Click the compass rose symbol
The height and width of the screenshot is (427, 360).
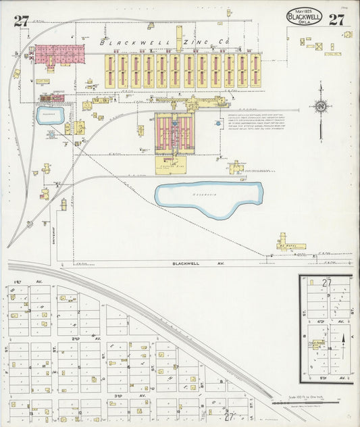(x=321, y=107)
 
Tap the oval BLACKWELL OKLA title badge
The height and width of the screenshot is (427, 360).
(x=304, y=17)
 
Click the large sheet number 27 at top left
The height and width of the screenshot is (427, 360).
(x=21, y=20)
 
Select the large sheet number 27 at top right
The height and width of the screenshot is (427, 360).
(x=337, y=19)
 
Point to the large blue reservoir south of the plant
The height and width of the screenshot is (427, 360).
(x=209, y=197)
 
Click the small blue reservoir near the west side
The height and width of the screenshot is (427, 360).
(x=51, y=115)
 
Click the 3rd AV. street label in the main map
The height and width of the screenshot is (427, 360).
(x=119, y=395)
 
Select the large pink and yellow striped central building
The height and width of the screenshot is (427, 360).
(x=174, y=133)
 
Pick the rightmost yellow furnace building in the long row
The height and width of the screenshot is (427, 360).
(x=255, y=71)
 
